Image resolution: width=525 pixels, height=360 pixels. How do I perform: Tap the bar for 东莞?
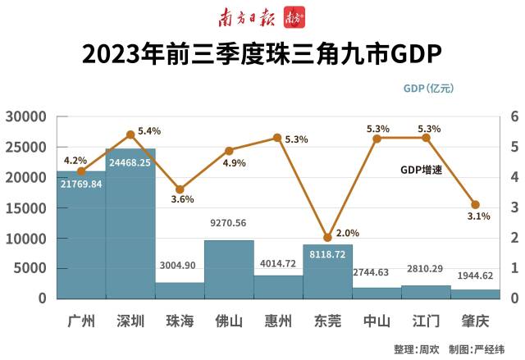pyautogui.click(x=327, y=271)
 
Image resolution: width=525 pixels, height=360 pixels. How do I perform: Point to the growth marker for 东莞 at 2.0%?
pyautogui.click(x=327, y=237)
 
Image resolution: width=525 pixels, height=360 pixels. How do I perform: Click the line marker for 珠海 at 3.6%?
pyautogui.click(x=180, y=189)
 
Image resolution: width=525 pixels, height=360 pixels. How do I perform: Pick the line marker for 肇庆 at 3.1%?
pyautogui.click(x=475, y=204)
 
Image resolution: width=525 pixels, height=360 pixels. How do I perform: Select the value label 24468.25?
pyautogui.click(x=131, y=162)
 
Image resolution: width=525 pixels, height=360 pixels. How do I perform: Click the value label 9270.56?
pyautogui.click(x=229, y=221)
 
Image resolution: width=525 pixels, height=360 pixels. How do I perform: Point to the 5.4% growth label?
pyautogui.click(x=149, y=131)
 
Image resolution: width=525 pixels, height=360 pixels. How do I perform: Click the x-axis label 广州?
pyautogui.click(x=81, y=321)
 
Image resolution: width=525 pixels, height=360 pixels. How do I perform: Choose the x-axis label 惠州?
pyautogui.click(x=278, y=321)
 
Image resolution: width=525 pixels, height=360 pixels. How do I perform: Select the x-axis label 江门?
pyautogui.click(x=426, y=321)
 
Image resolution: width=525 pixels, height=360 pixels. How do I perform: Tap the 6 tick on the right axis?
pyautogui.click(x=514, y=117)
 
